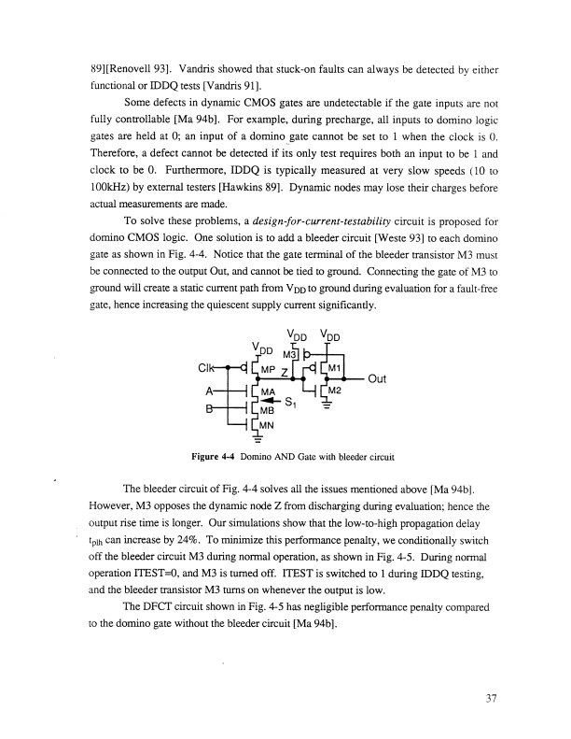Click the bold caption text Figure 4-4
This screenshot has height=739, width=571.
pos(207,457)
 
